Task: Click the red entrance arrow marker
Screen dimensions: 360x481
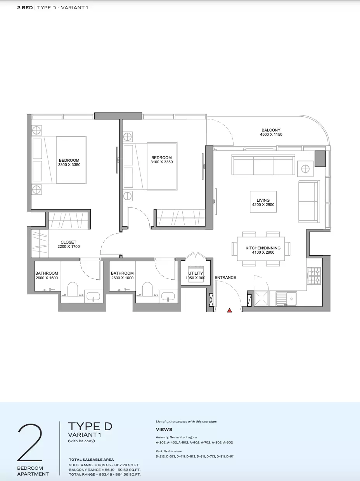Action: (x=229, y=310)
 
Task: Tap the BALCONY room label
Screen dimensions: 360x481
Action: (x=271, y=130)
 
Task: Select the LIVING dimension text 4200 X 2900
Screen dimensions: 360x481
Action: (x=263, y=205)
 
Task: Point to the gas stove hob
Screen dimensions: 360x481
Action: (x=315, y=276)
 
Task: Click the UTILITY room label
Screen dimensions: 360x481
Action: (x=196, y=273)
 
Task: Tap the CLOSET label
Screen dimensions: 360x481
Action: (x=68, y=242)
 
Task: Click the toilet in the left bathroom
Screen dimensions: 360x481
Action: (x=73, y=289)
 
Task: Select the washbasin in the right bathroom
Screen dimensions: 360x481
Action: (x=168, y=297)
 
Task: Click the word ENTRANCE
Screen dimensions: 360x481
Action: (x=225, y=277)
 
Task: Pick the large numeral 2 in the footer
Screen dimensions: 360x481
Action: (x=30, y=443)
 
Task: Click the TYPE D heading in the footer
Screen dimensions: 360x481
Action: (x=90, y=426)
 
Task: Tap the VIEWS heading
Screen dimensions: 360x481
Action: (x=164, y=429)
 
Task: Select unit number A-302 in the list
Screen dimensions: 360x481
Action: (x=161, y=443)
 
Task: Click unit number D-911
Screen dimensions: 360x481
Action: (x=230, y=457)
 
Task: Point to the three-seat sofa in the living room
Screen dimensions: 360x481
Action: (x=263, y=164)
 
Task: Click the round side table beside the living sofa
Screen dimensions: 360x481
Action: (x=305, y=169)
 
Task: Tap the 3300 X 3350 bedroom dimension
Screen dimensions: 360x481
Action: (x=69, y=165)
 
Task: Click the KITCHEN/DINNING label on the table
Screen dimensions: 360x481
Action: (x=263, y=248)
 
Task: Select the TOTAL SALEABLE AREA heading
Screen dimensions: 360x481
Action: (x=92, y=460)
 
